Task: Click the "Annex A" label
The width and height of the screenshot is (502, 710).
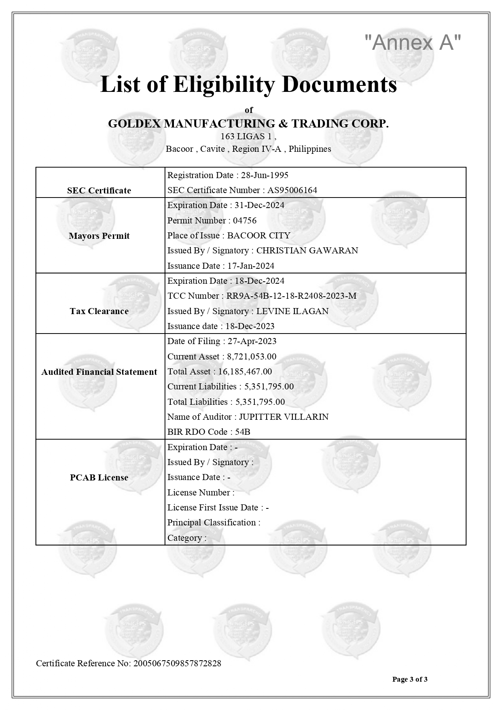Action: pos(413,42)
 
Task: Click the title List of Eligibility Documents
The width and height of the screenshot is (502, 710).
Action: pos(248,85)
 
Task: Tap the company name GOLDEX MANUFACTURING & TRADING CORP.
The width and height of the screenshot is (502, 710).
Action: pos(248,123)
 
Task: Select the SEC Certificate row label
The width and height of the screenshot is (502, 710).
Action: pos(99,191)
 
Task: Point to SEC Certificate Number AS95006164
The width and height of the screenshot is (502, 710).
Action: pos(292,190)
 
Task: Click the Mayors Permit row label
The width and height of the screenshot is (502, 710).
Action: pos(99,236)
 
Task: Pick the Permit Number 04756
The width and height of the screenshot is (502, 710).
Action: pos(245,221)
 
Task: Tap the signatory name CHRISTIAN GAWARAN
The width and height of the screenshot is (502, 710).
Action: pos(307,251)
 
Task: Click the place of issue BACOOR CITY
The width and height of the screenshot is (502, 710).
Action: pos(259,236)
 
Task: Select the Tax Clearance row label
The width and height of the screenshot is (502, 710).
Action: pos(99,311)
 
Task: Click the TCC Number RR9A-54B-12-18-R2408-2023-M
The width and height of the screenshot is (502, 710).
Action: pos(291,296)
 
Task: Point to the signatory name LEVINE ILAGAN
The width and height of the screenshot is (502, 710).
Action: pos(292,311)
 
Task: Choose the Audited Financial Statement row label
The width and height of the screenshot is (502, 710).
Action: pos(99,372)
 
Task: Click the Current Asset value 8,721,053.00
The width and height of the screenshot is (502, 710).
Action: pos(252,357)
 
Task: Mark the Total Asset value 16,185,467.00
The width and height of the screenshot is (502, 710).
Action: pos(245,372)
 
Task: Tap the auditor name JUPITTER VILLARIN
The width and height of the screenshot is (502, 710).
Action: pos(284,417)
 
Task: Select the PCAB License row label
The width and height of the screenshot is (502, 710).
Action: pos(99,478)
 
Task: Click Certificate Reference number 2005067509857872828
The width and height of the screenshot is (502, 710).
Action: pos(177,663)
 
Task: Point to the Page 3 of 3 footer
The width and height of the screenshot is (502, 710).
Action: pos(409,679)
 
